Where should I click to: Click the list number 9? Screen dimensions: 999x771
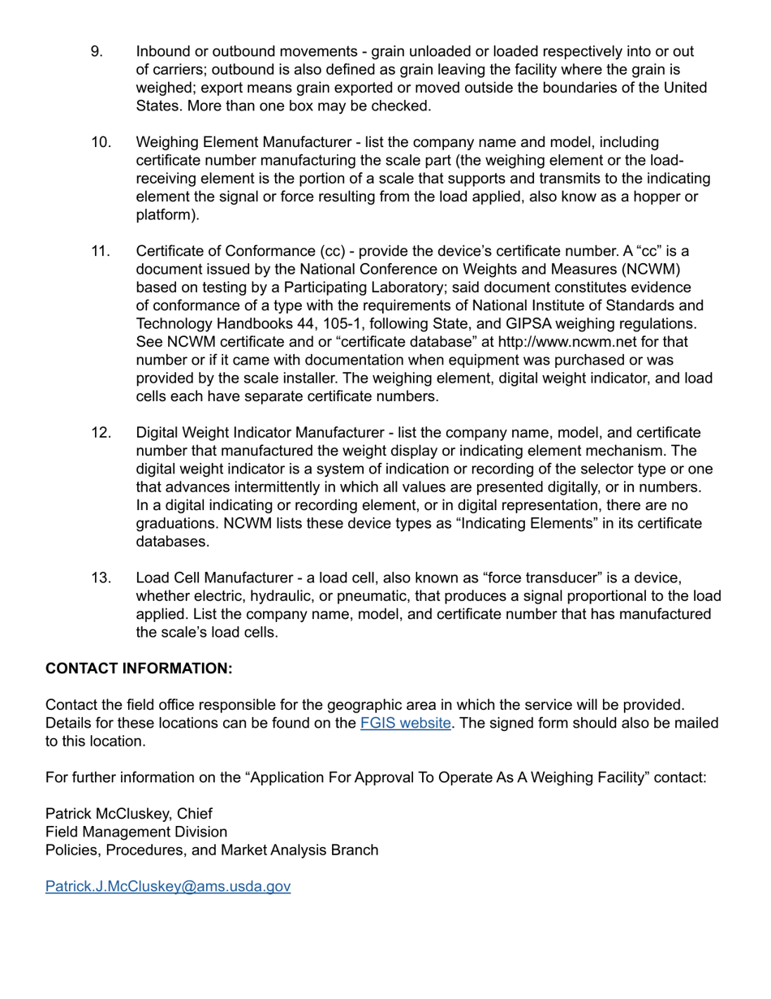coord(96,52)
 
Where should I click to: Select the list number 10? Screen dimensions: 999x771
coord(100,143)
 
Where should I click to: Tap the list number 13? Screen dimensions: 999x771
coord(100,577)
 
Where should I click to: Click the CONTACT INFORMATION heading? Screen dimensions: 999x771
coord(139,668)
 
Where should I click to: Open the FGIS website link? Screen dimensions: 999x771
coord(406,723)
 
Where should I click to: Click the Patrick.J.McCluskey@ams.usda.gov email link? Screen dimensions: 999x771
coord(168,886)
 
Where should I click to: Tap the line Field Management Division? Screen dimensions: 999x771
coord(136,832)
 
